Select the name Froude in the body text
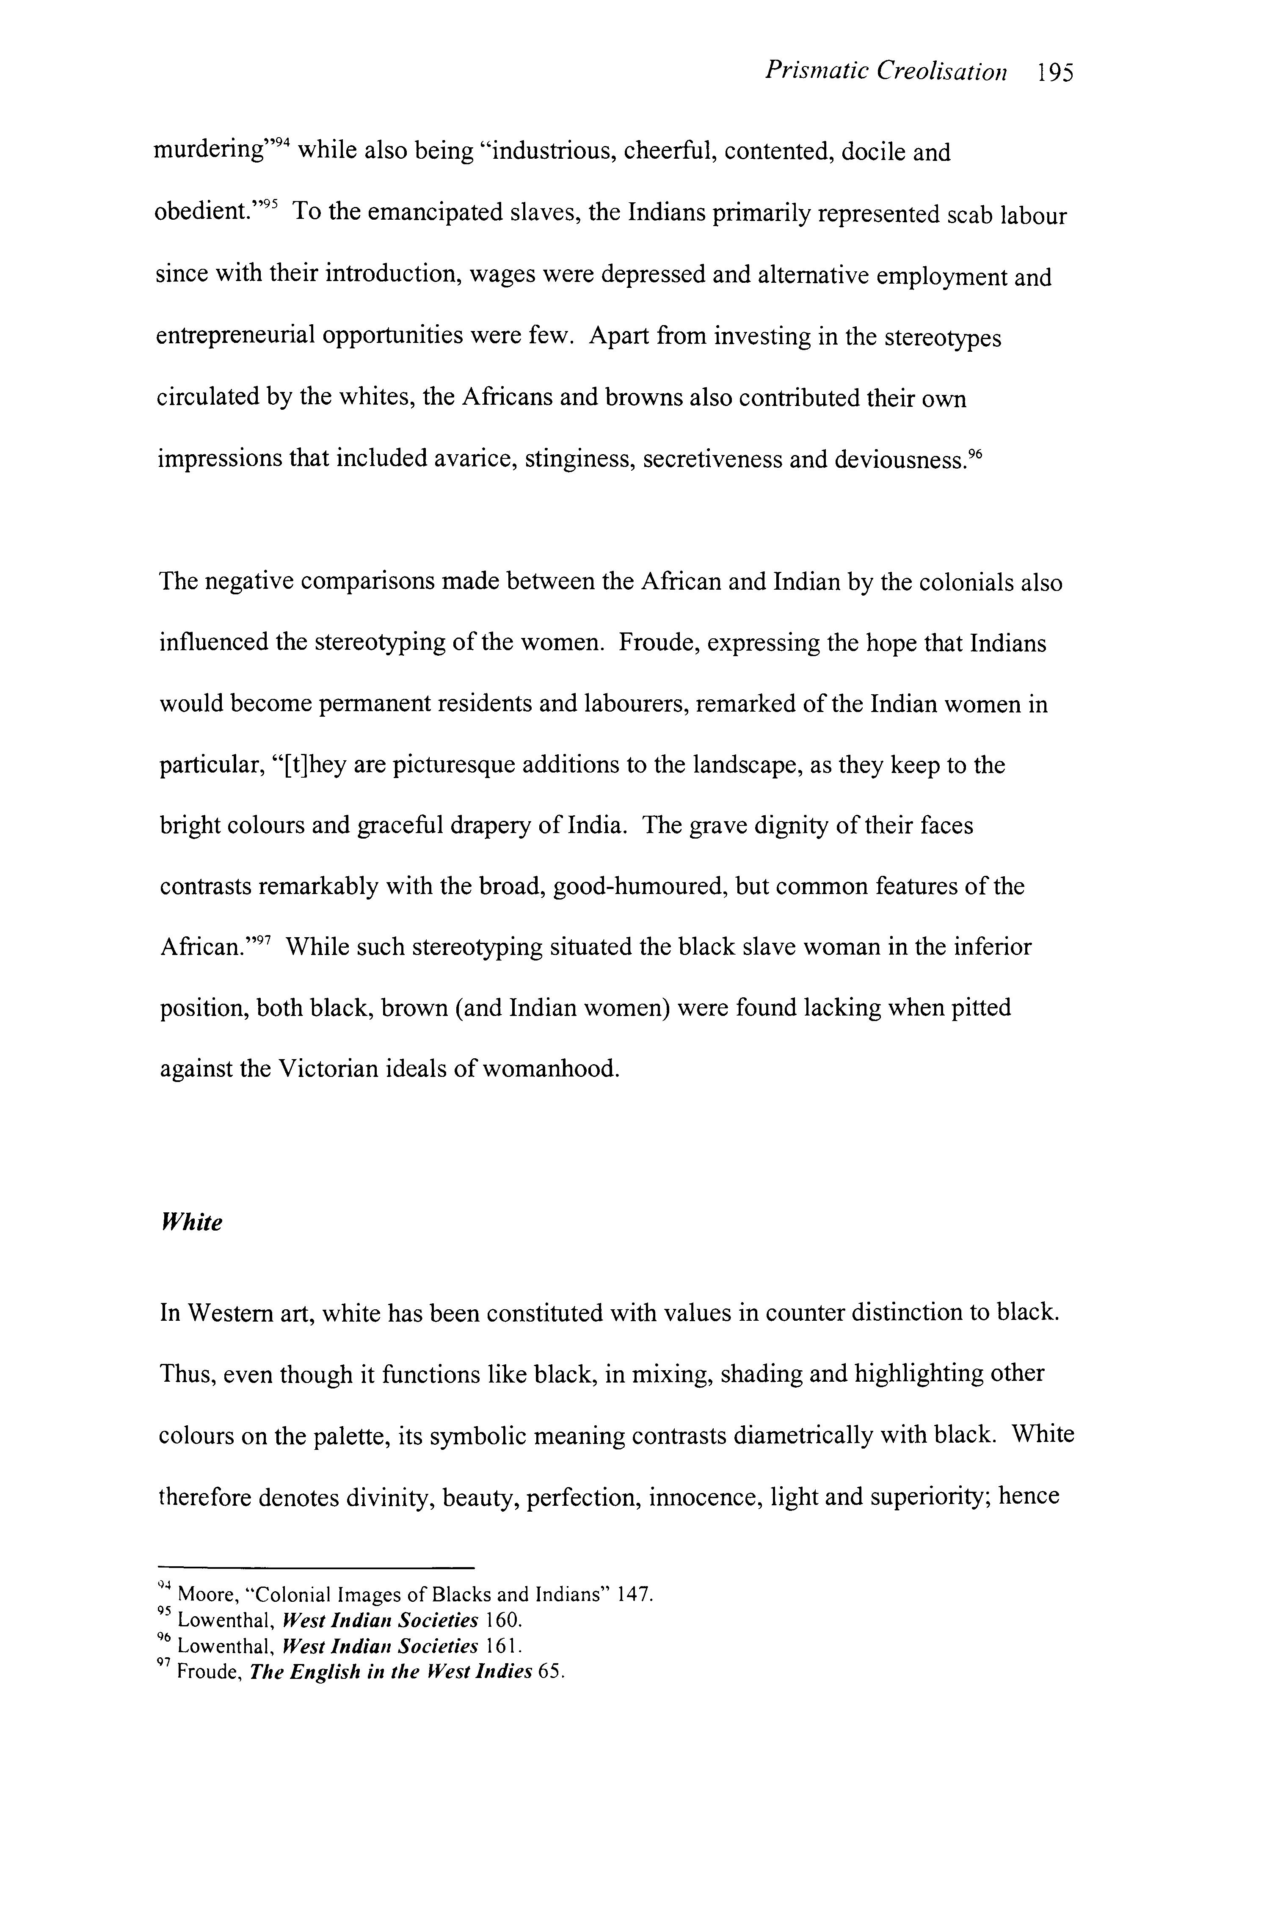(653, 643)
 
